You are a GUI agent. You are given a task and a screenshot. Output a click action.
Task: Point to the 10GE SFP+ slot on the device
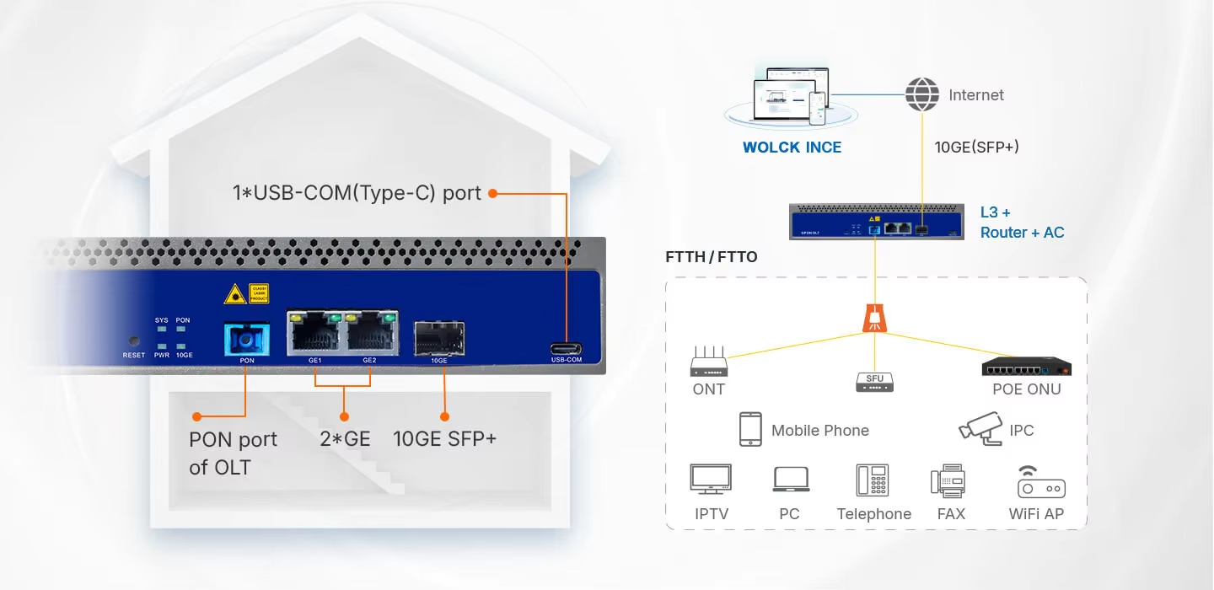point(438,339)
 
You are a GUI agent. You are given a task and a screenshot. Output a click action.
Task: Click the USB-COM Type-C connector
point(567,348)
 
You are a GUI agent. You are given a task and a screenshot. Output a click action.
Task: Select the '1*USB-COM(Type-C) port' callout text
point(357,193)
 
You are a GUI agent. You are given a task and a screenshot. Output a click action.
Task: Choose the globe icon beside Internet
point(921,94)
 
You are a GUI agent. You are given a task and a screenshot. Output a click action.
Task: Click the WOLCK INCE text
point(792,147)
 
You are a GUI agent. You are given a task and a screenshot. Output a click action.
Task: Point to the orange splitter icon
point(874,317)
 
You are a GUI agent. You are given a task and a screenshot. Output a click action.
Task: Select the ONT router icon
point(708,362)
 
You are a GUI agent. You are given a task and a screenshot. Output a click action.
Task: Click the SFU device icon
point(874,382)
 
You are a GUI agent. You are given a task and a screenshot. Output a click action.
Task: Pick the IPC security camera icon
point(980,428)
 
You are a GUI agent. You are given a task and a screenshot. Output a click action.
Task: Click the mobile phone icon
point(750,429)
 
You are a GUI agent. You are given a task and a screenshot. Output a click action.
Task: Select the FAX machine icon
point(948,481)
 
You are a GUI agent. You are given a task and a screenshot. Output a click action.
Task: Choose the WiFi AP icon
point(1040,482)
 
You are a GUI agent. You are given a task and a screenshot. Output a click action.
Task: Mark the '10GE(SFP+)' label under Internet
point(976,147)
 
